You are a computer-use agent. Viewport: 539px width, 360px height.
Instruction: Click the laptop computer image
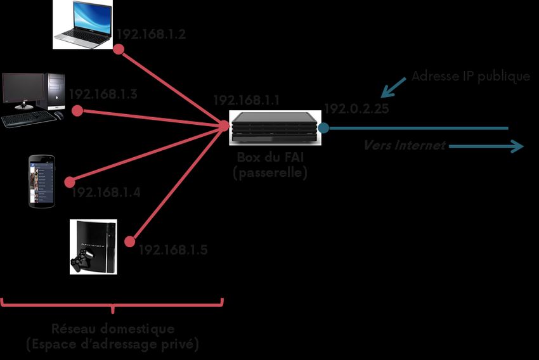(x=82, y=24)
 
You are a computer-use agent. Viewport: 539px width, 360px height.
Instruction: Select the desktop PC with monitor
(x=33, y=99)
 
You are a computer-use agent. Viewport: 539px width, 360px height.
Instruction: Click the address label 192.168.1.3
(x=103, y=94)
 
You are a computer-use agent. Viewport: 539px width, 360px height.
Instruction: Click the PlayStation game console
(x=93, y=247)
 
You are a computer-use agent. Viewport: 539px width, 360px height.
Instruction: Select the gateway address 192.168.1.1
(x=246, y=100)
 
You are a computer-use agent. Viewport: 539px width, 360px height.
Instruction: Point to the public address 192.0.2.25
(x=356, y=109)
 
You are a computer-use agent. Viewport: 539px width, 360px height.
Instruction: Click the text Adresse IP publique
(x=471, y=77)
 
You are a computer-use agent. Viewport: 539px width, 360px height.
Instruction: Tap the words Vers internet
(x=405, y=145)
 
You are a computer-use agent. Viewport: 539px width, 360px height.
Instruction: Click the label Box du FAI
(x=270, y=158)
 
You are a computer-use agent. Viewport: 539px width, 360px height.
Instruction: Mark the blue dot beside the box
(x=324, y=128)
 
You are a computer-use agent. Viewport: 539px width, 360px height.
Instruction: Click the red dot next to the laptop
(x=119, y=49)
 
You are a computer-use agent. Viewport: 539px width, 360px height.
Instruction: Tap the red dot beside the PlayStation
(x=131, y=241)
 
